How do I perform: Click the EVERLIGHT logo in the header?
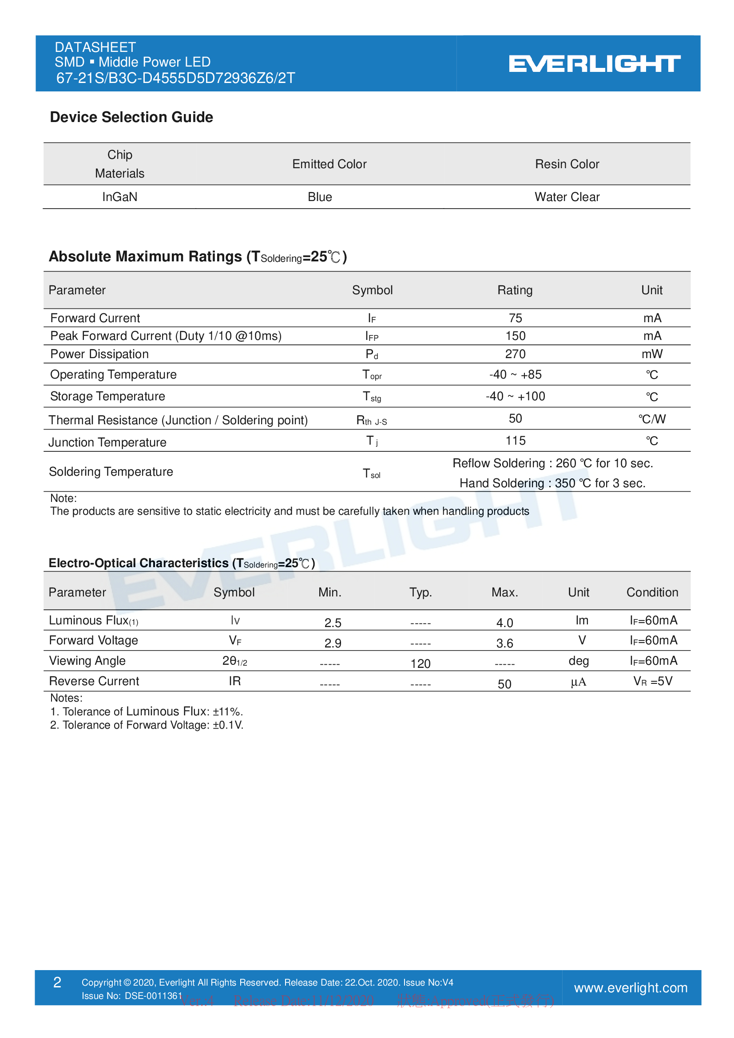594,64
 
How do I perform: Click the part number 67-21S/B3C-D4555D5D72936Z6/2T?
175,78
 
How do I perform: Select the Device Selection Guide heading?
131,117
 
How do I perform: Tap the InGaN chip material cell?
119,197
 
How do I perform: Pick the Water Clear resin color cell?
567,197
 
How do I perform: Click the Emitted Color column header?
329,164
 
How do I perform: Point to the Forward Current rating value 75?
515,318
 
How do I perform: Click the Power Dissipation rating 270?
515,354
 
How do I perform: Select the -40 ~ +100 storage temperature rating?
515,396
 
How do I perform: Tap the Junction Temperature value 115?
515,441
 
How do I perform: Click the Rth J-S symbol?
371,421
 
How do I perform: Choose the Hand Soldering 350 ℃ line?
552,483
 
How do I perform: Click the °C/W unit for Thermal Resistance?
652,419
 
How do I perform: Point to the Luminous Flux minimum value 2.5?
333,623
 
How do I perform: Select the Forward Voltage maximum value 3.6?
504,643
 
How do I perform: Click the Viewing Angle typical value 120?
420,663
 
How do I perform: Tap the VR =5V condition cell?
653,681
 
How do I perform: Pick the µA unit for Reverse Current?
579,682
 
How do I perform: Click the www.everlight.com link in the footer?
631,988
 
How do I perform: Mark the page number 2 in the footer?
57,983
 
